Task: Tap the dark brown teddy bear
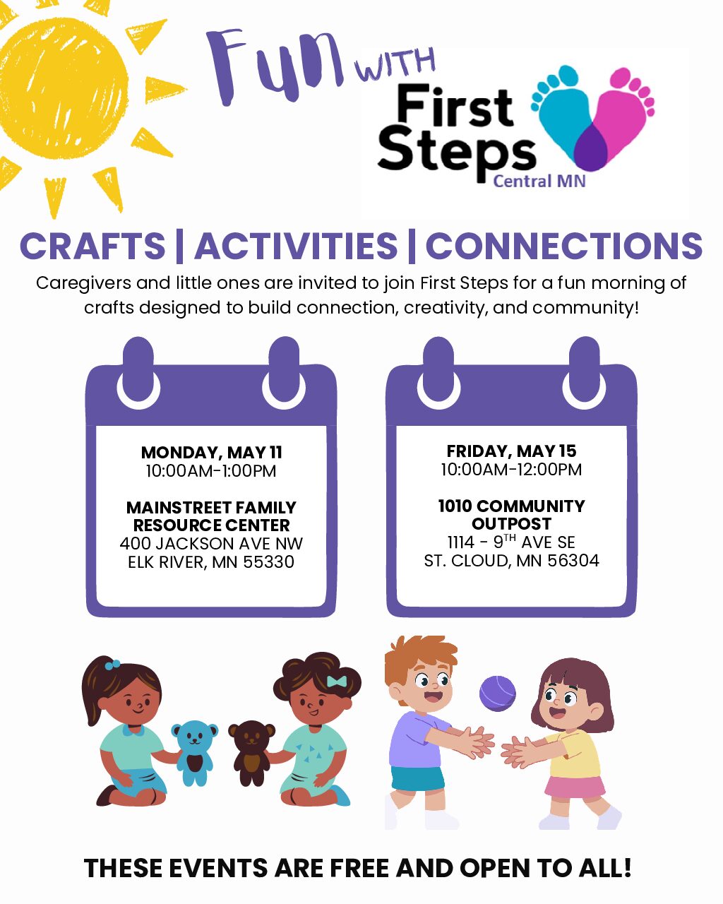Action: (251, 754)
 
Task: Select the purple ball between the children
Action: (497, 694)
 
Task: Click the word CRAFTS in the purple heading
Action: (92, 246)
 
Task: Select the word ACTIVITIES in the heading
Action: (296, 246)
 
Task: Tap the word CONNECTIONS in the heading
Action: (563, 246)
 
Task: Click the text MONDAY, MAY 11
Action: (212, 453)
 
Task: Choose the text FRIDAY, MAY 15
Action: (511, 451)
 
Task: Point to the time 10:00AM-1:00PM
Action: (211, 471)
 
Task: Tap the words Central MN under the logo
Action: (539, 182)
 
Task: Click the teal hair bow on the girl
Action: (337, 682)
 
